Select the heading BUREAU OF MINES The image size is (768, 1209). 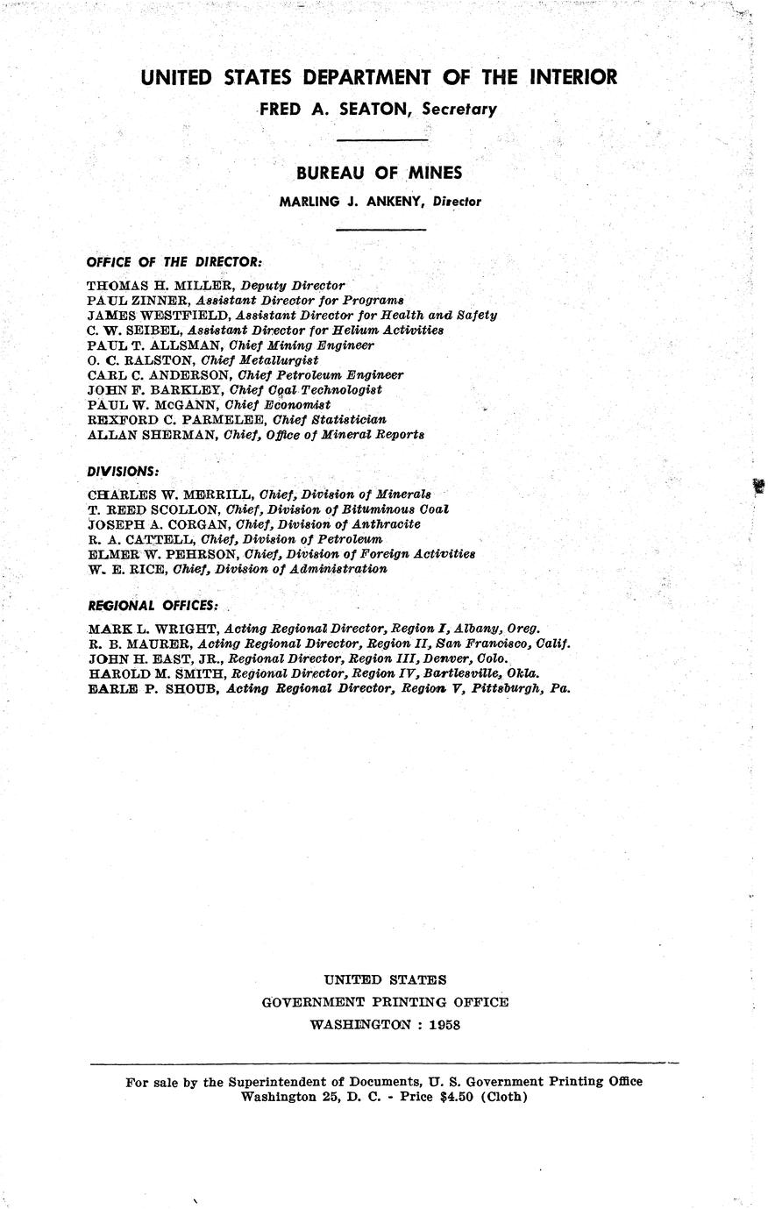tap(379, 174)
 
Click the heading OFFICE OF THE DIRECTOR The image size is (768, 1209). tap(174, 262)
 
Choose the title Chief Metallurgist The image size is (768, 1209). tap(260, 359)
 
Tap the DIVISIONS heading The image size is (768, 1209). tap(123, 472)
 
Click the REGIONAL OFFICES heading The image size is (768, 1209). tap(153, 606)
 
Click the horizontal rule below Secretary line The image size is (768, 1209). tap(382, 140)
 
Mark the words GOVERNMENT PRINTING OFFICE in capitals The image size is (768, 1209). tap(385, 1002)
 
